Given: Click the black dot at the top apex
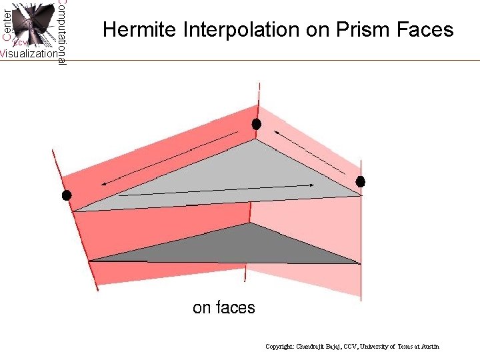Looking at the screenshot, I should pyautogui.click(x=256, y=124).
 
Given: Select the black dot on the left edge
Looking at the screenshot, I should pyautogui.click(x=66, y=195).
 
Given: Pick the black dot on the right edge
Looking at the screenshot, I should pyautogui.click(x=361, y=181).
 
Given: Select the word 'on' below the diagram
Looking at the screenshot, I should pyautogui.click(x=201, y=308).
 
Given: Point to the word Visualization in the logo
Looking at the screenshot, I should pyautogui.click(x=28, y=54).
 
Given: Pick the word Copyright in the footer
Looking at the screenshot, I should pyautogui.click(x=280, y=347).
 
